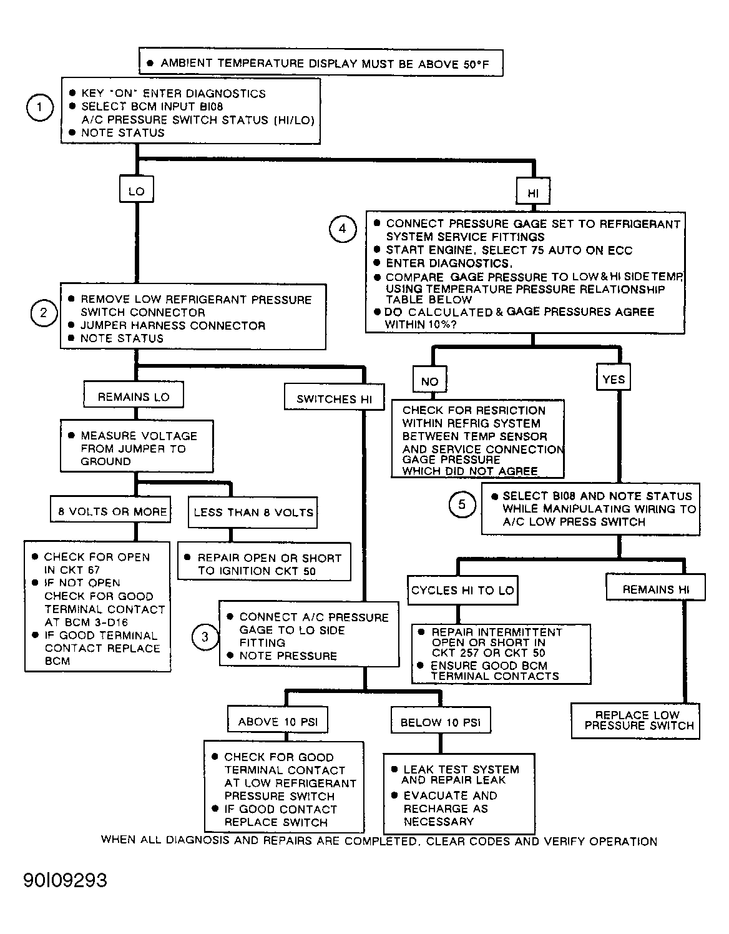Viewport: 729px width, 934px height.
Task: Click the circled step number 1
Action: [40, 107]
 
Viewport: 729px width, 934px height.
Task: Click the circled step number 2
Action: [44, 313]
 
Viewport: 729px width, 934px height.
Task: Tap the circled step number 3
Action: [205, 637]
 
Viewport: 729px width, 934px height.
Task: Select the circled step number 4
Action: [343, 229]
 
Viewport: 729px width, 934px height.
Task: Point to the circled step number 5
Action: [462, 504]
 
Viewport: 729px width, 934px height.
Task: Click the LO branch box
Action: [137, 189]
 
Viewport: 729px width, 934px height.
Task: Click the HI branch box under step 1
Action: [533, 191]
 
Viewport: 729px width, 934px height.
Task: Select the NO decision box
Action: [429, 379]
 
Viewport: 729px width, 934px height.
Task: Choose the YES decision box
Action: [614, 377]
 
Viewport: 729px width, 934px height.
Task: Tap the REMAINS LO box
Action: [134, 394]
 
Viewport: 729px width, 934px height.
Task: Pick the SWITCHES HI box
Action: [334, 396]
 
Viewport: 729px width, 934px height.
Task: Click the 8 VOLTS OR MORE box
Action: [110, 509]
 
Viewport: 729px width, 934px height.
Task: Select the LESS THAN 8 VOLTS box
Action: [253, 513]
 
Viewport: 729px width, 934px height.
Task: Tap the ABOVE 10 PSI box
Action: [278, 719]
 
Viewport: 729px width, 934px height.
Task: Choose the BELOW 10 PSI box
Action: [441, 720]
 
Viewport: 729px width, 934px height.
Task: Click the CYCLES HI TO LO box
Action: [462, 590]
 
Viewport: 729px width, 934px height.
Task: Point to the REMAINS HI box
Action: [655, 587]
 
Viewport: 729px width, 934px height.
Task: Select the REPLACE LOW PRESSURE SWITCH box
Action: [635, 722]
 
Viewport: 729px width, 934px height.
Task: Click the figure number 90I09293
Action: [66, 881]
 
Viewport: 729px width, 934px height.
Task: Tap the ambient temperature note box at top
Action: [321, 63]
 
